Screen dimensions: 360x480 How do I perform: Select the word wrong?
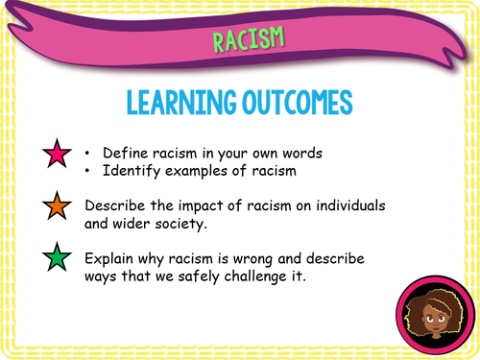270,258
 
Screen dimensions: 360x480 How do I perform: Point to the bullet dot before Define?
88,153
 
